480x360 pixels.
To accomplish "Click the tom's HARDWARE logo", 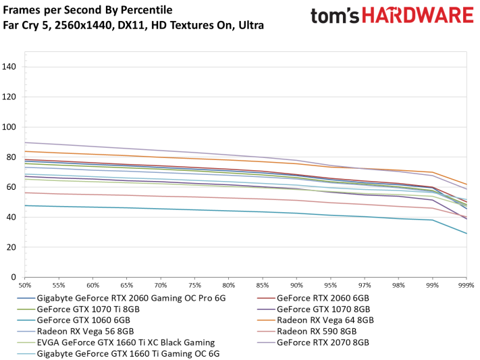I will coord(392,16).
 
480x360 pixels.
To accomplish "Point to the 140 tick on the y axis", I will coord(10,66).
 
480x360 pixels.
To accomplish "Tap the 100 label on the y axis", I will coord(10,126).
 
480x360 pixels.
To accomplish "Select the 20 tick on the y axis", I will coord(12,247).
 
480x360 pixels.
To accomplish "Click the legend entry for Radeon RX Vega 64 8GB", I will coord(325,319).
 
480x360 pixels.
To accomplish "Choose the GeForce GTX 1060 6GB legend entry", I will coord(80,319).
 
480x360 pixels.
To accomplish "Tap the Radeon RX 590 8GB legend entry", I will coord(317,331).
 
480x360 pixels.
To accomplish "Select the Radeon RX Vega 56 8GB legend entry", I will coord(85,331).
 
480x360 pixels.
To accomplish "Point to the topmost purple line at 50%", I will coord(25,143).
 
